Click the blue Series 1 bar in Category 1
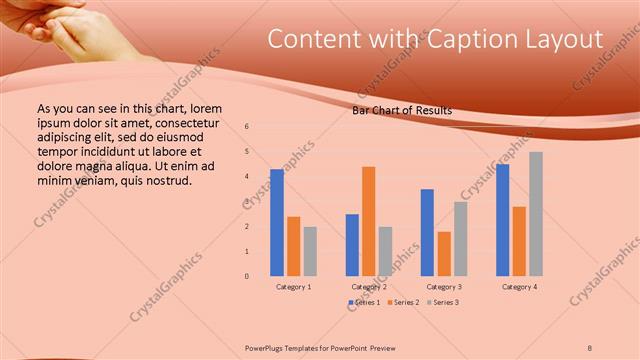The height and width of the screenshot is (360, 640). pos(277,222)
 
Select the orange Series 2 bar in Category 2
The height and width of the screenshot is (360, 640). pos(368,221)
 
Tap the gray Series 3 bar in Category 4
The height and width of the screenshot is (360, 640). pos(536,214)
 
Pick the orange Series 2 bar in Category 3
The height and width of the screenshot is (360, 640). pos(443,254)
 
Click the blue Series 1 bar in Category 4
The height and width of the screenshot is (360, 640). pos(502,220)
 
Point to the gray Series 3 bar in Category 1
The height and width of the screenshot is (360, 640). pos(310,251)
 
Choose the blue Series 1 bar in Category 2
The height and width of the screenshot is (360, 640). pos(352,245)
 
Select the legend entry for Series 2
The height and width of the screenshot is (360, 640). pos(402,302)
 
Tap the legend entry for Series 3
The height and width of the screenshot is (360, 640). pos(442,302)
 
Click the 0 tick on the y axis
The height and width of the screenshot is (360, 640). pos(247,276)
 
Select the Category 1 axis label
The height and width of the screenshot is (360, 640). pos(294,287)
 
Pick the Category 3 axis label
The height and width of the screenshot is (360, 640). pos(444,287)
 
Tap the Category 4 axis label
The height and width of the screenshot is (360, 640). pos(519,287)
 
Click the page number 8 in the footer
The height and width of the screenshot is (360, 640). pos(590,346)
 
